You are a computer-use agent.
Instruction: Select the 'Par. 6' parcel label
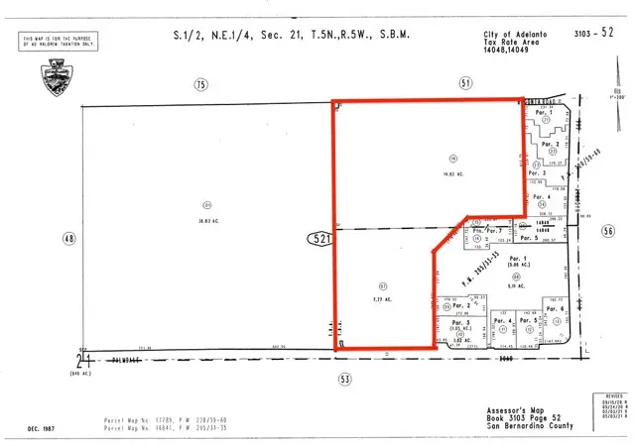tap(556, 309)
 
